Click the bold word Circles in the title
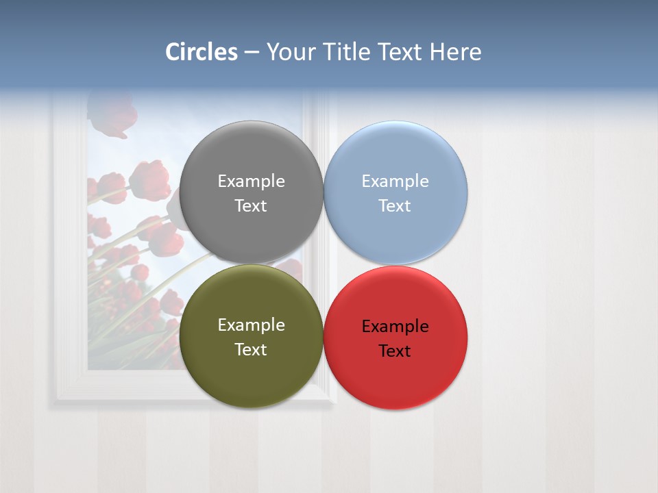click(x=202, y=52)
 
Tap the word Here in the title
click(x=455, y=52)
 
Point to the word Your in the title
click(x=291, y=52)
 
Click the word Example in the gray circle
click(x=251, y=181)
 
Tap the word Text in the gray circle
click(x=251, y=206)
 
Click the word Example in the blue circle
click(x=395, y=181)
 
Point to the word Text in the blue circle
click(x=395, y=206)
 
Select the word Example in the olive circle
click(x=251, y=325)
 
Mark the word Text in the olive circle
click(x=251, y=350)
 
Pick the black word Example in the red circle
click(x=395, y=327)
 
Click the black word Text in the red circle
click(x=395, y=351)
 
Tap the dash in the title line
click(x=252, y=52)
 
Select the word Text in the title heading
click(x=400, y=52)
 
